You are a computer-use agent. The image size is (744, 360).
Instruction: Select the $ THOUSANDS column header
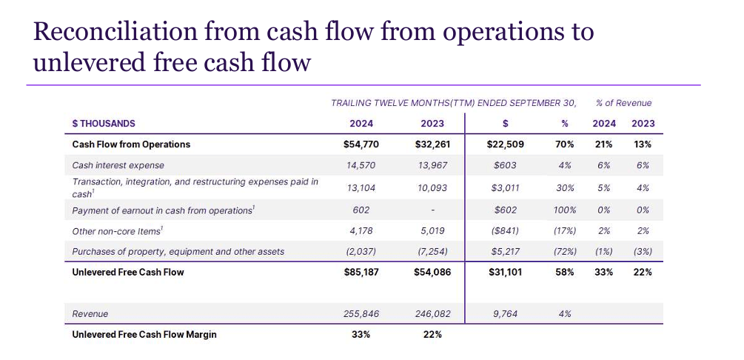[x=104, y=124]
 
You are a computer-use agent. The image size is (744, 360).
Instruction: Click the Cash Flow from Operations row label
[x=131, y=144]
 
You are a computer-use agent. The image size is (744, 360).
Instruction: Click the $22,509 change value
[x=504, y=144]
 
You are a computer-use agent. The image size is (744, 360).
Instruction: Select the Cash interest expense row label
[x=118, y=165]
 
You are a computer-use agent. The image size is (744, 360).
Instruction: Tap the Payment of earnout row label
[x=163, y=210]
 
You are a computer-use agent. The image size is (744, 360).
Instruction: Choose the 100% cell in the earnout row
[x=564, y=210]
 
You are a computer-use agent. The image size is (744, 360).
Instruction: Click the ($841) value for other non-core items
[x=504, y=231]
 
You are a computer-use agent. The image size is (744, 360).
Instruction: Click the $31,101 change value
[x=504, y=272]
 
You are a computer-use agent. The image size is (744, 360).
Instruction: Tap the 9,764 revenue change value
[x=504, y=314]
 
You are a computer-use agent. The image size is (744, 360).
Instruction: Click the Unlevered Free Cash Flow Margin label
[x=144, y=334]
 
